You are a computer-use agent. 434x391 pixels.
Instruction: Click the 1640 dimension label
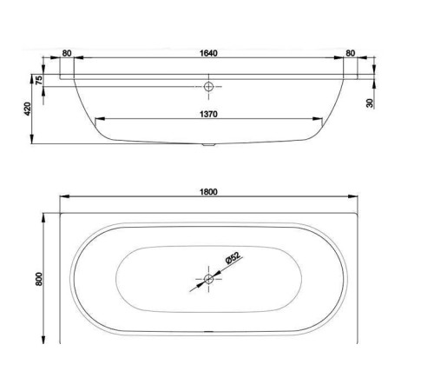[208, 53]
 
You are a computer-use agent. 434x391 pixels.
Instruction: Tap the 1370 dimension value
[208, 114]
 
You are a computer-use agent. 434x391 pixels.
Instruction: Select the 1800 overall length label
[208, 192]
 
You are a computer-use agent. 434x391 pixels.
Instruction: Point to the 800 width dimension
[39, 279]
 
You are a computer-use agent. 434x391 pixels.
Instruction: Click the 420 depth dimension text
[27, 109]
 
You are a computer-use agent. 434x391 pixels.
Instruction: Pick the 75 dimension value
[39, 80]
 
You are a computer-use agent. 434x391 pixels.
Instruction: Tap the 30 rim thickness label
[370, 103]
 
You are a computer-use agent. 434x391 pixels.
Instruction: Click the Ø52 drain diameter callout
[233, 258]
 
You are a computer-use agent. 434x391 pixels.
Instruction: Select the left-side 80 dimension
[67, 53]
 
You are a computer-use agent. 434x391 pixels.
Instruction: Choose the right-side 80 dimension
[350, 53]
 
